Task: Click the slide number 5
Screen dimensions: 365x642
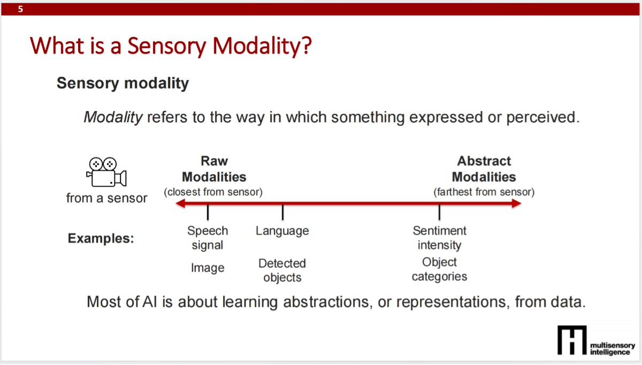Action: (x=20, y=9)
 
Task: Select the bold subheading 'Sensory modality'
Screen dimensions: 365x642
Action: (x=123, y=83)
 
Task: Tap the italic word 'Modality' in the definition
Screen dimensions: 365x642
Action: (x=113, y=117)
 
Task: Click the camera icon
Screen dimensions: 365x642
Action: (x=106, y=171)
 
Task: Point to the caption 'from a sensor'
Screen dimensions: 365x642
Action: (x=106, y=198)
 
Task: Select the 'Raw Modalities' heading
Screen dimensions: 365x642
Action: (x=214, y=169)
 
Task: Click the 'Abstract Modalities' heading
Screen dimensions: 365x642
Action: (x=484, y=169)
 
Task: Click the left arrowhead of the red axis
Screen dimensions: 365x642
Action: (x=181, y=203)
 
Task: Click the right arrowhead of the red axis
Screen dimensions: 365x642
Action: (x=516, y=203)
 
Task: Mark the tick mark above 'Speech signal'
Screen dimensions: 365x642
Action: (x=208, y=213)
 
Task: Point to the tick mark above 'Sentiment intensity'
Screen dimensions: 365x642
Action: (x=439, y=213)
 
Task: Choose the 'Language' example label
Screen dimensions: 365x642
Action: (x=282, y=231)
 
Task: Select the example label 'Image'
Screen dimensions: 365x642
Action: (x=208, y=268)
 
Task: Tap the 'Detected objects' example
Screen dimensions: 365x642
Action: (x=282, y=270)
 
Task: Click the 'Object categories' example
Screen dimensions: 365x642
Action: (x=439, y=269)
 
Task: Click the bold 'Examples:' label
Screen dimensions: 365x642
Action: (x=101, y=238)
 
